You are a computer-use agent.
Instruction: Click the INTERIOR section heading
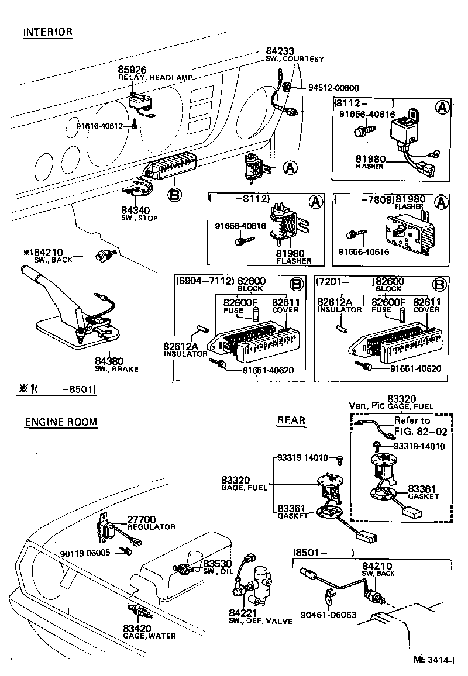click(48, 32)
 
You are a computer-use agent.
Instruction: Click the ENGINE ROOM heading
click(61, 422)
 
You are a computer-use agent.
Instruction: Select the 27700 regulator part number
click(142, 519)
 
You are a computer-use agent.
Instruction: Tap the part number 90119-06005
click(84, 553)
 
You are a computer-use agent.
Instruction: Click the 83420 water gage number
click(137, 628)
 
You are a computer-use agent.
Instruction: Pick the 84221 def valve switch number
click(242, 613)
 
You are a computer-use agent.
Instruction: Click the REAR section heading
click(291, 420)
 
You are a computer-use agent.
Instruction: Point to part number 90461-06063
click(329, 615)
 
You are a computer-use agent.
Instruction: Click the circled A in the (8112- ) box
click(443, 107)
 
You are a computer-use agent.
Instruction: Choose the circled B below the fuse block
click(174, 194)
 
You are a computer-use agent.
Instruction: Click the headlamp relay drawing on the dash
click(141, 101)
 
